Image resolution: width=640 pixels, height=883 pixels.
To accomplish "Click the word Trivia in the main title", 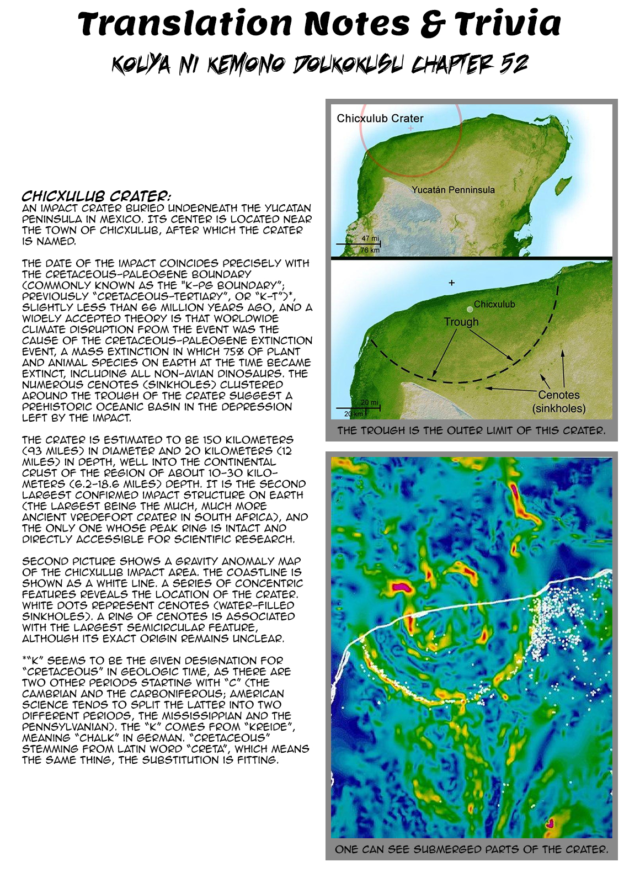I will pyautogui.click(x=508, y=25).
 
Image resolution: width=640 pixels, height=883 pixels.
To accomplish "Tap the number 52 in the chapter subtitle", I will pyautogui.click(x=514, y=65).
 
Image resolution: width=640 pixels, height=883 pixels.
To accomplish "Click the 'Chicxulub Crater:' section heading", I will pyautogui.click(x=96, y=196).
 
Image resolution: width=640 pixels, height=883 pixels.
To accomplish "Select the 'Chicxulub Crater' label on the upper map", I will pyautogui.click(x=380, y=119).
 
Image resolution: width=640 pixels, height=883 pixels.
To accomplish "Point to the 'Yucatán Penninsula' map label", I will pyautogui.click(x=453, y=190).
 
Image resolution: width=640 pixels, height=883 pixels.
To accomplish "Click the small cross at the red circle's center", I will pyautogui.click(x=410, y=129).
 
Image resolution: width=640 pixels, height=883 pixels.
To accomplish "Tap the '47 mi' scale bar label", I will pyautogui.click(x=370, y=238).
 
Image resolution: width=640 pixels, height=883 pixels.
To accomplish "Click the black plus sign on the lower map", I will pyautogui.click(x=451, y=283).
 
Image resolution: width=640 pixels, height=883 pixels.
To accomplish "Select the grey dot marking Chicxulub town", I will pyautogui.click(x=470, y=310).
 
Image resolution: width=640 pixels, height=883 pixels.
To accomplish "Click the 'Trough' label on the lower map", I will pyautogui.click(x=461, y=322).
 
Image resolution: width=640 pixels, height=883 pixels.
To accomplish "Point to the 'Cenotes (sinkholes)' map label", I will pyautogui.click(x=559, y=402).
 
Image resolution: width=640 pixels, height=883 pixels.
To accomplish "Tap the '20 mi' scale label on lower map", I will pyautogui.click(x=370, y=403).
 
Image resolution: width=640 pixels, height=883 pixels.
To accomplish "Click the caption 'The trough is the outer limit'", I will pyautogui.click(x=471, y=430).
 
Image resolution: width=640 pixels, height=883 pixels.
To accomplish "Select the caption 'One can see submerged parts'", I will pyautogui.click(x=471, y=849).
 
